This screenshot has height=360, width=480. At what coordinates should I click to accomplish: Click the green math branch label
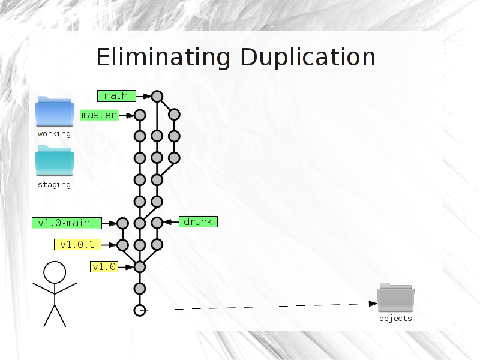pos(116,96)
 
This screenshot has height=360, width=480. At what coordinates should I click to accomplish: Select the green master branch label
pos(100,115)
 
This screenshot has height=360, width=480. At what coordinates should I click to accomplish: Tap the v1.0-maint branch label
pos(67,223)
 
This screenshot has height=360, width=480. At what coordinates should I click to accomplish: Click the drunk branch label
pos(198,221)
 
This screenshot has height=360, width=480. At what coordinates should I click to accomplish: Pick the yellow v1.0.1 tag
pos(77,245)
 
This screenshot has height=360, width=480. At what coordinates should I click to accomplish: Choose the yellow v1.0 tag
pos(104,266)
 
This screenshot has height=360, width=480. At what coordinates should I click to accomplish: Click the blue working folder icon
pos(55,112)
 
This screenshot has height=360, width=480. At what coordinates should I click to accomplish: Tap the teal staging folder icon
pos(55,161)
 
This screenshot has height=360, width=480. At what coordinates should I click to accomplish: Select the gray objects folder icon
pos(395,297)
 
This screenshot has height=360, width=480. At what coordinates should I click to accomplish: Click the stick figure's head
pos(55,272)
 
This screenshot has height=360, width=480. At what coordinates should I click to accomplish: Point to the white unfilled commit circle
pos(140,310)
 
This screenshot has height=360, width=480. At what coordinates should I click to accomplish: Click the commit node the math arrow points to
pos(157,97)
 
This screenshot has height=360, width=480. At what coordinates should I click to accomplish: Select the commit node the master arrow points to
pos(140,115)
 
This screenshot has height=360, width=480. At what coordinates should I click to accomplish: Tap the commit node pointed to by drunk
pos(157,223)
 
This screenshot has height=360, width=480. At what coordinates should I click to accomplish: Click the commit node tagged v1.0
pos(140,267)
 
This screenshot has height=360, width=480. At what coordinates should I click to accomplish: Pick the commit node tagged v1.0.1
pos(123,245)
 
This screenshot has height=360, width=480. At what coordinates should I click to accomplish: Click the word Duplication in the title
pos(308,57)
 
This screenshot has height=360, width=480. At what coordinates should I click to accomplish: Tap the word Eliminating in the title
pos(163,57)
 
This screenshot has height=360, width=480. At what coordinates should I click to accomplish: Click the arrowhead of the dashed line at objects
pos(373,304)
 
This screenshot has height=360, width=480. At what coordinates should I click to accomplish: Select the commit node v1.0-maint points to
pos(123,223)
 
